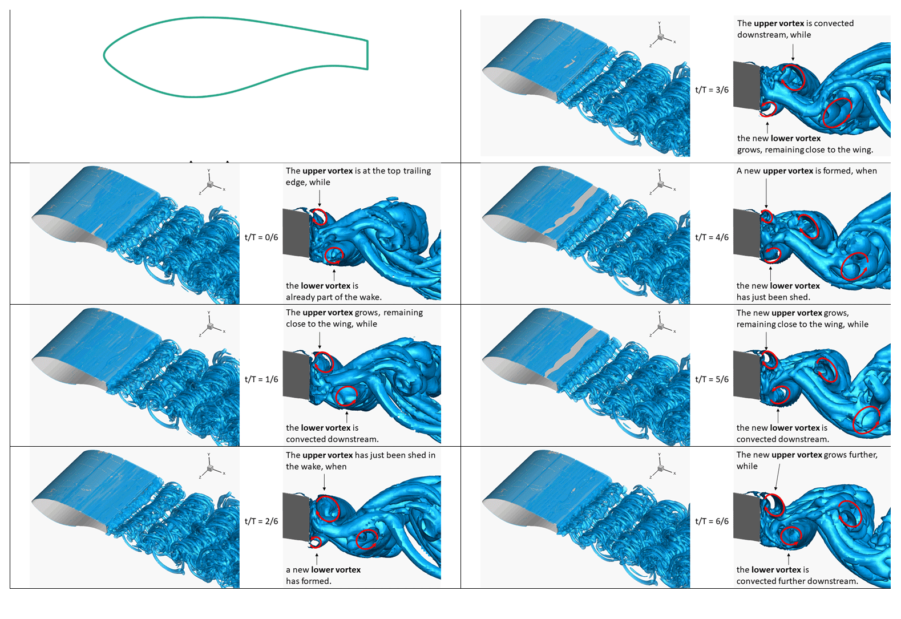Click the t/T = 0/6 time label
(x=261, y=237)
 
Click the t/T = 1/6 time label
(x=261, y=379)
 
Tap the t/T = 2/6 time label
(x=261, y=521)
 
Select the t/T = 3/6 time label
(x=712, y=90)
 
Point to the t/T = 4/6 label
(x=712, y=237)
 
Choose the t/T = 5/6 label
(x=712, y=379)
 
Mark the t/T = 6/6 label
(x=712, y=521)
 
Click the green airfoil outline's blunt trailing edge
(x=367, y=55)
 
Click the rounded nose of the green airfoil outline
(x=105, y=55)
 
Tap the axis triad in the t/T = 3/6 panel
(x=661, y=37)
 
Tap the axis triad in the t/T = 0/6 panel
(x=211, y=184)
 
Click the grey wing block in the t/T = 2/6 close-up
(x=296, y=517)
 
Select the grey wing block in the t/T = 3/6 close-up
(x=746, y=86)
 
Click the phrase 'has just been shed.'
(x=773, y=297)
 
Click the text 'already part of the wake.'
(x=333, y=297)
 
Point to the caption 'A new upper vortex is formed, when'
(x=806, y=171)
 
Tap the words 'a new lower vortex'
(x=323, y=569)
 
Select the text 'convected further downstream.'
(x=797, y=581)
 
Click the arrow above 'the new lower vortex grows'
(x=767, y=127)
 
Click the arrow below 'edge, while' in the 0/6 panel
(x=320, y=197)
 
